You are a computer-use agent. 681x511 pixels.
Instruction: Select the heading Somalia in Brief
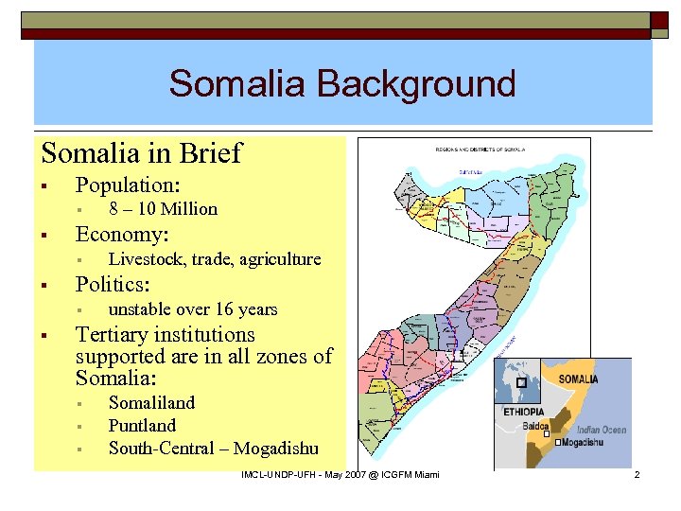point(142,152)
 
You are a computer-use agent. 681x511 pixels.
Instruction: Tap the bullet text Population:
point(128,184)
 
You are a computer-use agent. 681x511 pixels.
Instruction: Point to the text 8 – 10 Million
point(163,209)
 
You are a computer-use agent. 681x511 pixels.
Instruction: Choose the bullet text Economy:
point(122,234)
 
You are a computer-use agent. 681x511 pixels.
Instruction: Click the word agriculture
point(278,259)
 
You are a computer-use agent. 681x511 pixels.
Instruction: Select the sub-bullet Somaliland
point(151,402)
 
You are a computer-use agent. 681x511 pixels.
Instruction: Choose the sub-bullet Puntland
point(142,425)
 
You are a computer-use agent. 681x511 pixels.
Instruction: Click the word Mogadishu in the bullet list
point(276,449)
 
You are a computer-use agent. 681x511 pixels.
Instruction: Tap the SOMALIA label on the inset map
point(578,379)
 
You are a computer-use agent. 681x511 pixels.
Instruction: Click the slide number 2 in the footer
point(637,473)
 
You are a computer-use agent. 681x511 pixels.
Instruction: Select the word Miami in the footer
point(424,473)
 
